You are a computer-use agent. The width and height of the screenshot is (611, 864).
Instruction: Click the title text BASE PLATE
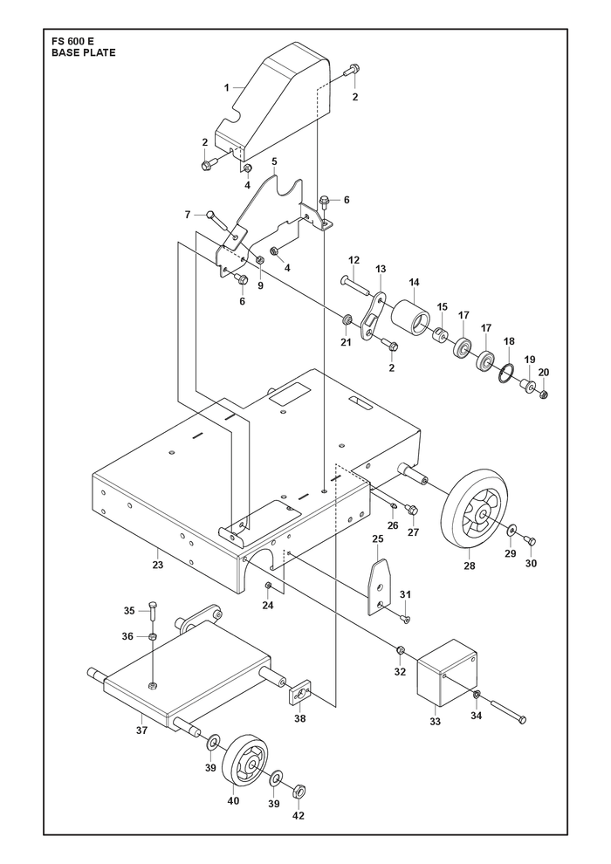84,53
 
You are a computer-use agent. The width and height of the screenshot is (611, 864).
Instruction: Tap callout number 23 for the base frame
158,565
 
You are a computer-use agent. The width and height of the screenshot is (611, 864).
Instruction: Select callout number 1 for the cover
226,86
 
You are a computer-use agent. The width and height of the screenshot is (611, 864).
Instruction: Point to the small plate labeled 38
301,693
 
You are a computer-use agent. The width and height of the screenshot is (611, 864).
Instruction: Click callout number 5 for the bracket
274,161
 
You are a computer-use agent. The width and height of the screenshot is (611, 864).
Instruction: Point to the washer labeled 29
512,531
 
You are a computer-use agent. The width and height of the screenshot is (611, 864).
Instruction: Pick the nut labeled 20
544,394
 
